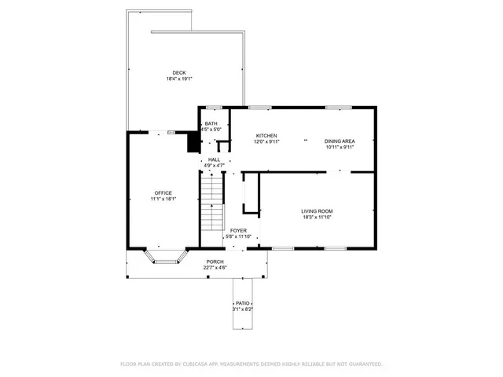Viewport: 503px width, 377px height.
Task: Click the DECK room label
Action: coord(179,73)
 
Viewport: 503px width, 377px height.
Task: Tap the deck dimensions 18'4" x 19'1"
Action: coord(179,79)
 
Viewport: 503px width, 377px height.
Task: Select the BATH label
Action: coord(211,124)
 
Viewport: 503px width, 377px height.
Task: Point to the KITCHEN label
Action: coord(266,135)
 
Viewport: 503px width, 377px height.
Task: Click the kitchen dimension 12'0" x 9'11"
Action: coord(266,141)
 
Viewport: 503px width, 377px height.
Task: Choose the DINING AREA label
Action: coord(340,141)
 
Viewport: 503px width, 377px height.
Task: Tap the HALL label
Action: coord(214,159)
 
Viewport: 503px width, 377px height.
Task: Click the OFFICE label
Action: coord(163,192)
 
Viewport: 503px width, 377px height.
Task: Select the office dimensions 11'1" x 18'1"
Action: coord(163,199)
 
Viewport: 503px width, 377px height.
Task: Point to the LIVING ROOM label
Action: coord(317,210)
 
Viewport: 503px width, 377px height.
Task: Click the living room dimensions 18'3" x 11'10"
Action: coord(317,217)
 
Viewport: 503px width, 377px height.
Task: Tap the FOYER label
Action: coord(238,230)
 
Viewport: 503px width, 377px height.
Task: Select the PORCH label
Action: coord(215,262)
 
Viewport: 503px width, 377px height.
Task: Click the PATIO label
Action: coord(242,303)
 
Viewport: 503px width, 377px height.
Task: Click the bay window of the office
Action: coord(164,256)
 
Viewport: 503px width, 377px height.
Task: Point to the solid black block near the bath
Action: coord(191,142)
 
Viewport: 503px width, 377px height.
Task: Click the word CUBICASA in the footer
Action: coord(198,364)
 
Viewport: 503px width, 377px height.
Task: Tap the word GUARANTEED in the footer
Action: coord(363,364)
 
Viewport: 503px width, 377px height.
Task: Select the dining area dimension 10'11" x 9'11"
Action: coord(340,147)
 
